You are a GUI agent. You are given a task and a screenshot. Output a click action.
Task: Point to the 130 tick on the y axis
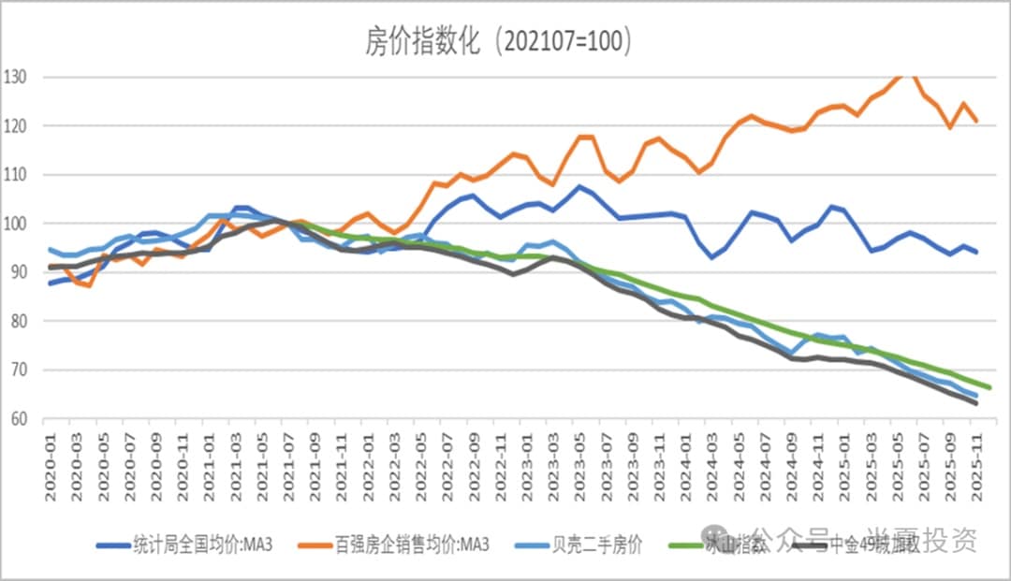coord(18,77)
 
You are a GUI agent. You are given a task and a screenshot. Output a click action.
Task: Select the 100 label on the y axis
coord(18,224)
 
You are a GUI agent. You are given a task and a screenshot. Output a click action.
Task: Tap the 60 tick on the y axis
coord(22,419)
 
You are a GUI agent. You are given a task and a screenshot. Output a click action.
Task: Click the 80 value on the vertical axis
coord(22,321)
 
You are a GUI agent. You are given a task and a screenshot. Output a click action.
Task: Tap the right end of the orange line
coord(977,122)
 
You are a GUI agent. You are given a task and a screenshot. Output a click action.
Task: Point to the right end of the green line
coord(989,387)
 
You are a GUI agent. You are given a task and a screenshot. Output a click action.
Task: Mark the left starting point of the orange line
coord(51,268)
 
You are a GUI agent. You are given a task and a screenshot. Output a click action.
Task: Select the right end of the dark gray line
coord(977,403)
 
